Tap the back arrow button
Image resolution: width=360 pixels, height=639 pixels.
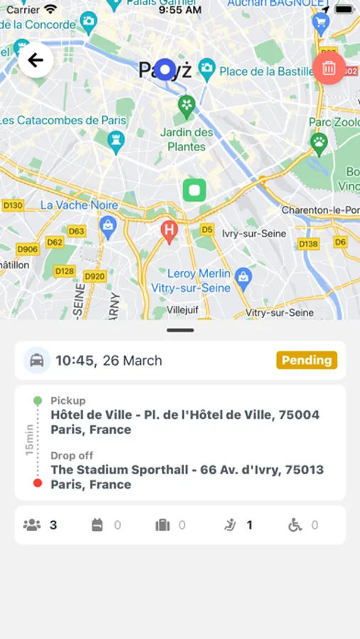pyautogui.click(x=36, y=60)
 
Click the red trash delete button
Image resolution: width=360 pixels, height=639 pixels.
pyautogui.click(x=329, y=68)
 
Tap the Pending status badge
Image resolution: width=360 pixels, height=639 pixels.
pyautogui.click(x=307, y=360)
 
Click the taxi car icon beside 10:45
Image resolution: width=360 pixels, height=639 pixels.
pyautogui.click(x=37, y=360)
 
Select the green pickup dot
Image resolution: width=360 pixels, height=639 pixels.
pyautogui.click(x=38, y=401)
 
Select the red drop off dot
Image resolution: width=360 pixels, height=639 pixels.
pyautogui.click(x=38, y=483)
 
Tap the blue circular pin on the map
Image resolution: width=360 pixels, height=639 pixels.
pyautogui.click(x=165, y=70)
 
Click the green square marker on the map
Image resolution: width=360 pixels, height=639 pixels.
pyautogui.click(x=194, y=190)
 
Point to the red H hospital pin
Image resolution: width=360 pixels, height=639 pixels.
pyautogui.click(x=169, y=231)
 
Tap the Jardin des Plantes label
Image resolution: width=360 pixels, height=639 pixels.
pyautogui.click(x=187, y=139)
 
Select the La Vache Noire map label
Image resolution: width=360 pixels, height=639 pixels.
pyautogui.click(x=79, y=205)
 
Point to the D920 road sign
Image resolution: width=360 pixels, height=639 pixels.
pyautogui.click(x=94, y=276)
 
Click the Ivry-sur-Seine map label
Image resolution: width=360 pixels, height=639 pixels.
pyautogui.click(x=253, y=234)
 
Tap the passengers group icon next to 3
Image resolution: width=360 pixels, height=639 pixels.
pyautogui.click(x=32, y=525)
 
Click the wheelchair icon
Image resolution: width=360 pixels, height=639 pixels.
pyautogui.click(x=295, y=525)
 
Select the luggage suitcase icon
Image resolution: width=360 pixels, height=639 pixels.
pyautogui.click(x=163, y=525)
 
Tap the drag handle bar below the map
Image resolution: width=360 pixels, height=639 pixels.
pyautogui.click(x=180, y=330)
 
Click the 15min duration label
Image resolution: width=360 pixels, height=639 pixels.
pyautogui.click(x=29, y=440)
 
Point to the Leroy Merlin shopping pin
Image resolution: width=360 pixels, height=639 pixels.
pyautogui.click(x=243, y=275)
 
